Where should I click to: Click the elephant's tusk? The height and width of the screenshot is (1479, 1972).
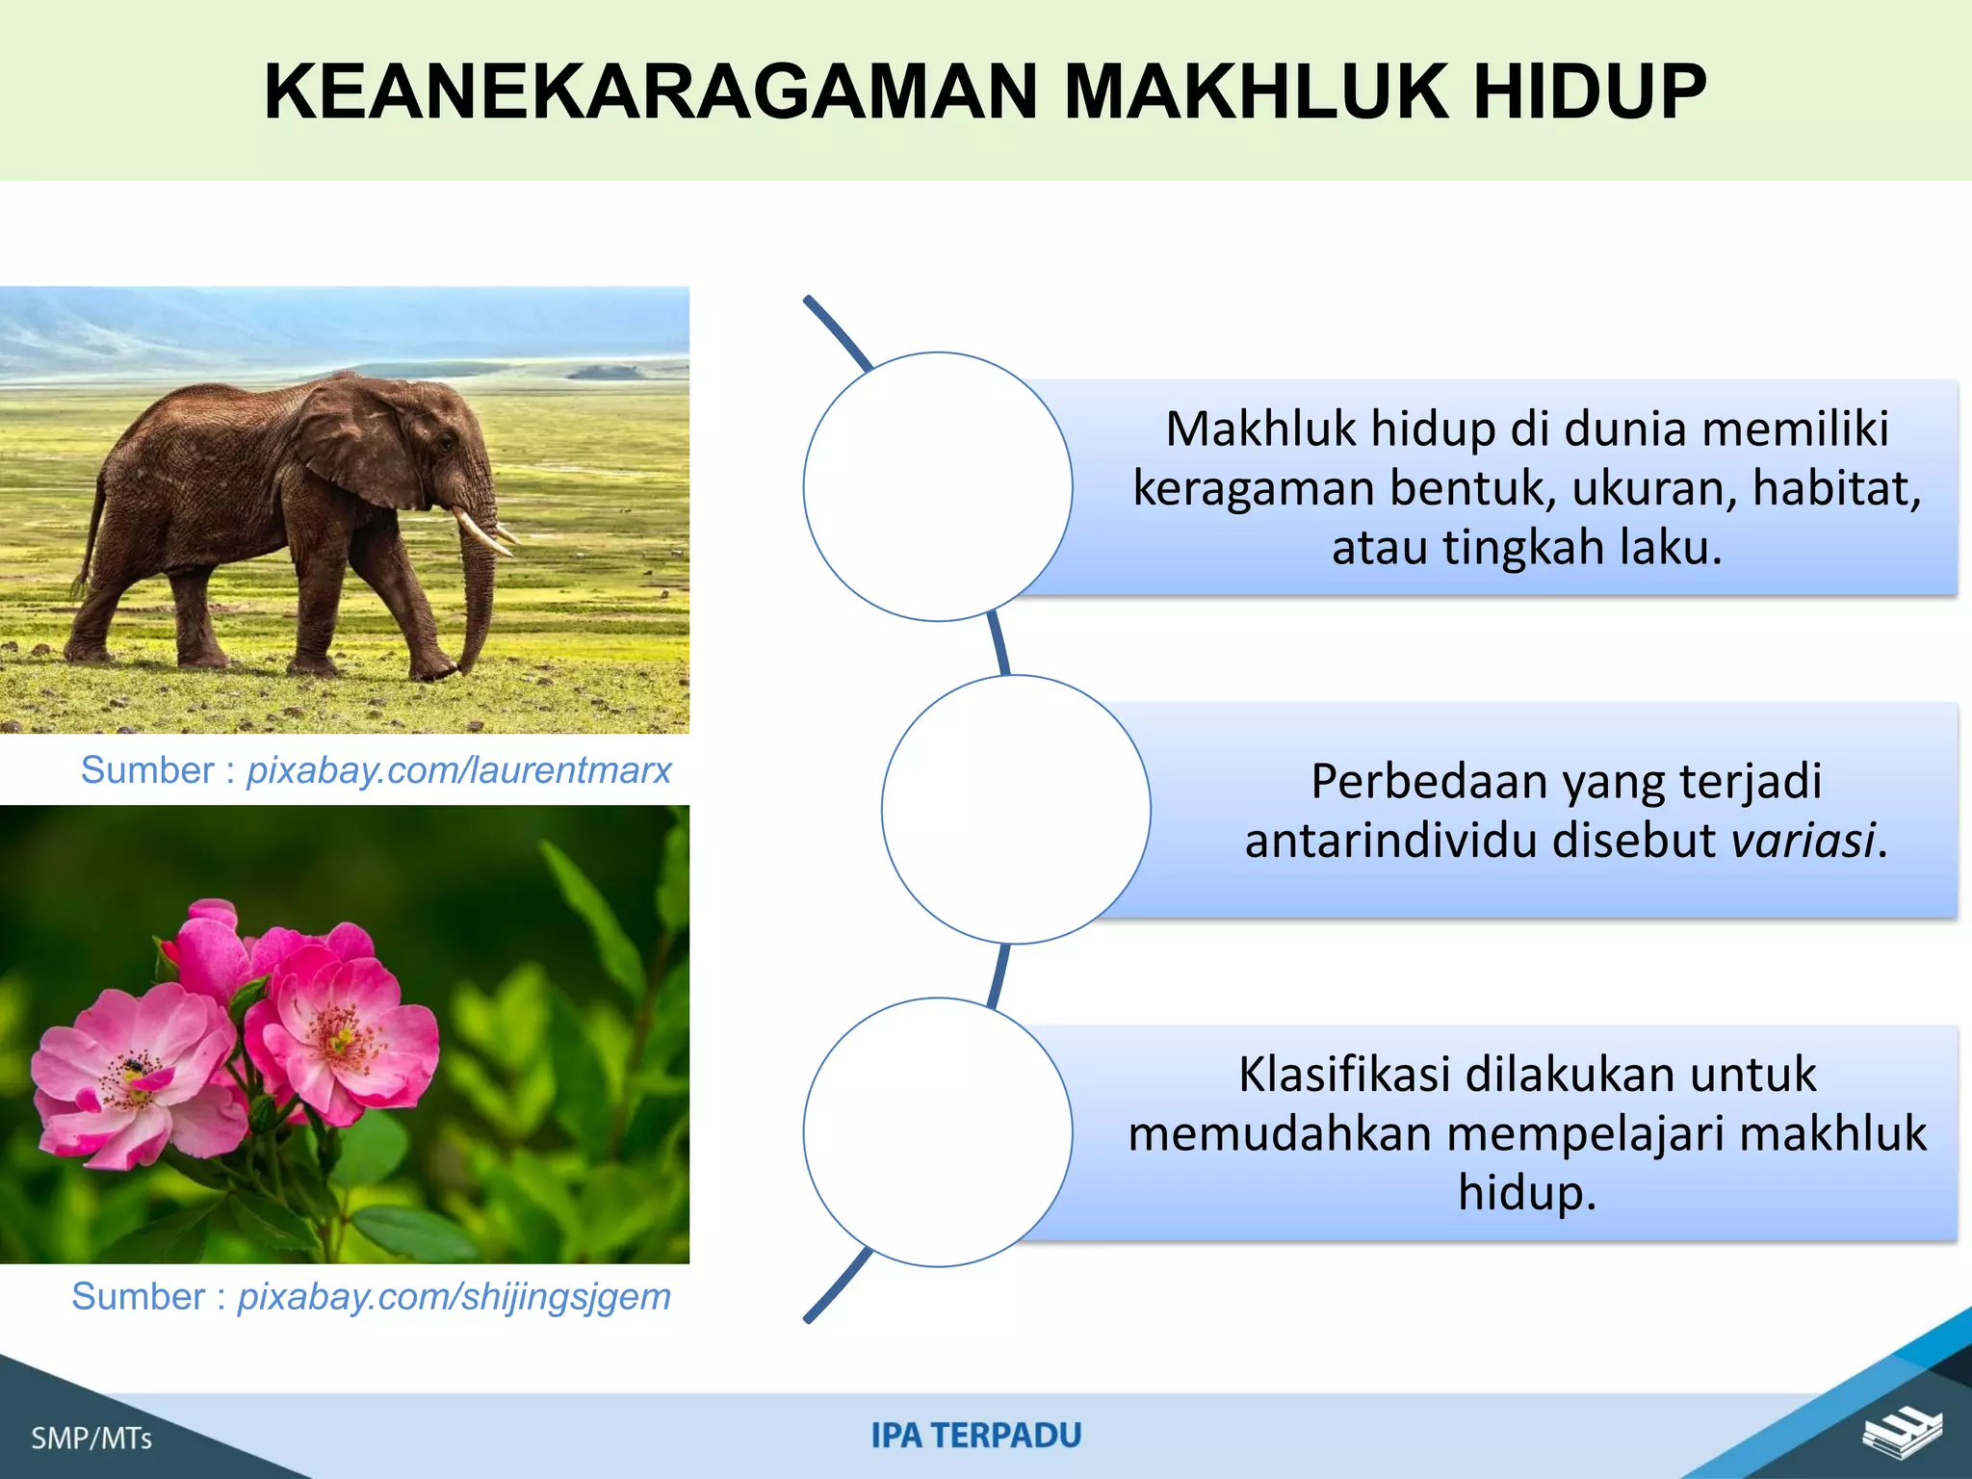[486, 533]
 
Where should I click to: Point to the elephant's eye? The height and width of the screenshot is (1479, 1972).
[445, 442]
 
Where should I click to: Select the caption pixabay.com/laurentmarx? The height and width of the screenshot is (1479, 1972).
[458, 770]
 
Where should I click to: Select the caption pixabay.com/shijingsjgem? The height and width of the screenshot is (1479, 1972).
[454, 1297]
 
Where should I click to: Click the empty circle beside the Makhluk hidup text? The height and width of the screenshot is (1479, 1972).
[938, 486]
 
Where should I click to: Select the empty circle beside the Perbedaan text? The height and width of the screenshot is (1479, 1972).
[1016, 809]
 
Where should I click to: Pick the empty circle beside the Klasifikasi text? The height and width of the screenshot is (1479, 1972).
[938, 1131]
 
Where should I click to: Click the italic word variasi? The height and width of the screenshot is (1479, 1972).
[1803, 841]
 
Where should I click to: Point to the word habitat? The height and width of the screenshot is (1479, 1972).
[1834, 488]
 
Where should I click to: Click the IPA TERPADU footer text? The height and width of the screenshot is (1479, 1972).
[976, 1436]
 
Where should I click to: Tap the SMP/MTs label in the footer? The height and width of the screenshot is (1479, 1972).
[91, 1439]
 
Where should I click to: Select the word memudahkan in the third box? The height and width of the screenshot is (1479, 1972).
[1280, 1133]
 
